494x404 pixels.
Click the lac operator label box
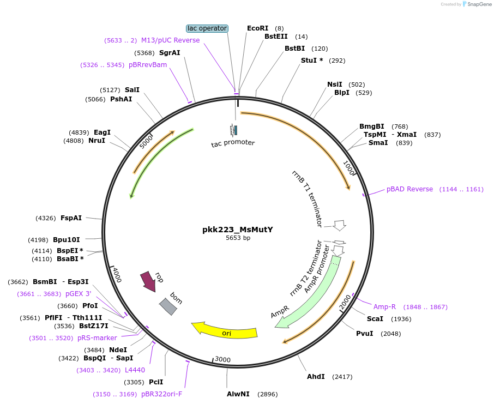(x=207, y=28)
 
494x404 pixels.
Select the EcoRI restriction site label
(x=257, y=28)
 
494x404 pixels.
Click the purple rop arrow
(x=148, y=281)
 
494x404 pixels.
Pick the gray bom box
(x=167, y=306)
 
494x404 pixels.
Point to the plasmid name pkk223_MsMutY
(x=238, y=230)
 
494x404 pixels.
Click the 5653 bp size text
(x=238, y=238)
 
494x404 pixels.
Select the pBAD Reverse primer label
(x=409, y=189)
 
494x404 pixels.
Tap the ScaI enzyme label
(x=375, y=319)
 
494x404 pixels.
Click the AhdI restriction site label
(x=316, y=377)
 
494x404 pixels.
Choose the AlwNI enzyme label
(x=238, y=394)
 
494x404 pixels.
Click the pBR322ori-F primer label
(x=162, y=394)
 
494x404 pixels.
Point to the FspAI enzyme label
(x=71, y=218)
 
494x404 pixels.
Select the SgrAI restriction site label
(x=170, y=53)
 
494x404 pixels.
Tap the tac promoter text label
(x=233, y=143)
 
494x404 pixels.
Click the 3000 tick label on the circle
(x=222, y=359)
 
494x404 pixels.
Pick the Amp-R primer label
(x=384, y=307)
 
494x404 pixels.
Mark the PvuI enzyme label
(x=364, y=333)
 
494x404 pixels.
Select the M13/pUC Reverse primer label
(x=170, y=40)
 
